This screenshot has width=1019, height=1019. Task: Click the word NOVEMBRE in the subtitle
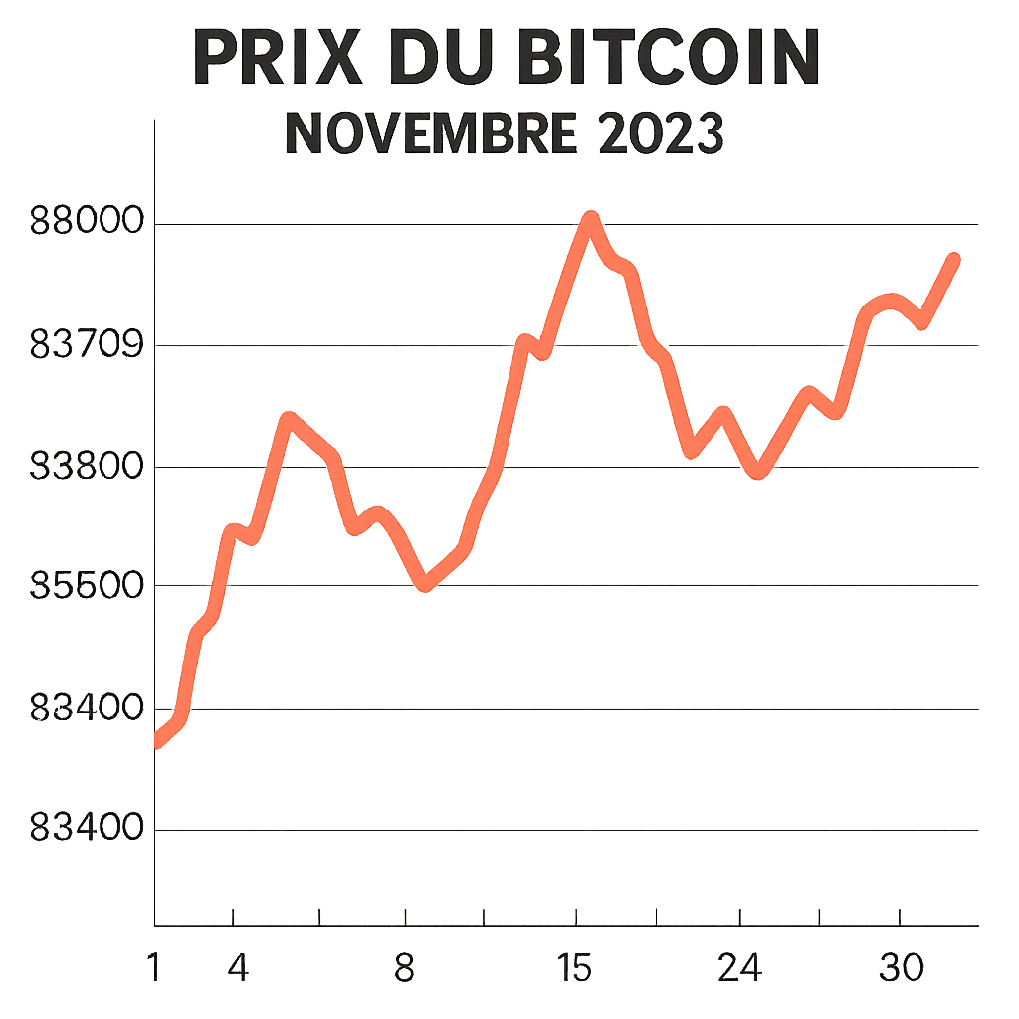tap(430, 134)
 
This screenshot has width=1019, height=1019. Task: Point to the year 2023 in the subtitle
tap(661, 134)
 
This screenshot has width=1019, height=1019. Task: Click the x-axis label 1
tap(154, 967)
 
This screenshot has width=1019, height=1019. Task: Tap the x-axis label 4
tap(238, 967)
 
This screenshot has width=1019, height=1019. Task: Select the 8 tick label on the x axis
tap(404, 967)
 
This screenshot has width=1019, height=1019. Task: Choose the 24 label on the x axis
tap(741, 967)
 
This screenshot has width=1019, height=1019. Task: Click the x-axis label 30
tap(902, 967)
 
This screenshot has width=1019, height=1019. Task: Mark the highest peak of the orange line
tap(591, 219)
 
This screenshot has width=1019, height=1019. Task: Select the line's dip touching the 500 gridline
tap(426, 584)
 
